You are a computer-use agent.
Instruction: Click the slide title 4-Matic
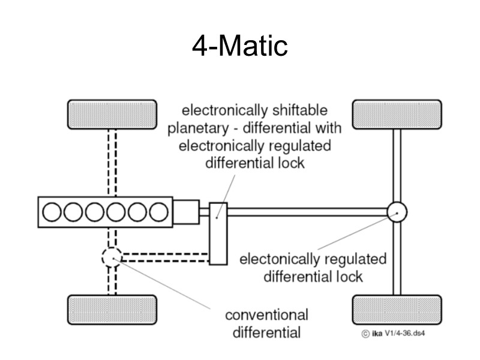(x=240, y=47)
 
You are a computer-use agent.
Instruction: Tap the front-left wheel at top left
(x=112, y=114)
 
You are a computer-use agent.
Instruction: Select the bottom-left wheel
(x=112, y=310)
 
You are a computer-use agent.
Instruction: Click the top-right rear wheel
(x=397, y=114)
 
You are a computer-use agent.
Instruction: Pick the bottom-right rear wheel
(x=397, y=310)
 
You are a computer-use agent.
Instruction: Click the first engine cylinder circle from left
(x=52, y=212)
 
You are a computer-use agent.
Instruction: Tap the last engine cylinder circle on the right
(x=158, y=212)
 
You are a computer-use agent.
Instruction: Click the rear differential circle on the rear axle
(x=397, y=212)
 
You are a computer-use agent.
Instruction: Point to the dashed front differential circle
(x=112, y=257)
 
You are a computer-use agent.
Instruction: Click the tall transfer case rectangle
(x=218, y=234)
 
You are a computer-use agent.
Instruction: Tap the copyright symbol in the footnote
(x=365, y=334)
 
